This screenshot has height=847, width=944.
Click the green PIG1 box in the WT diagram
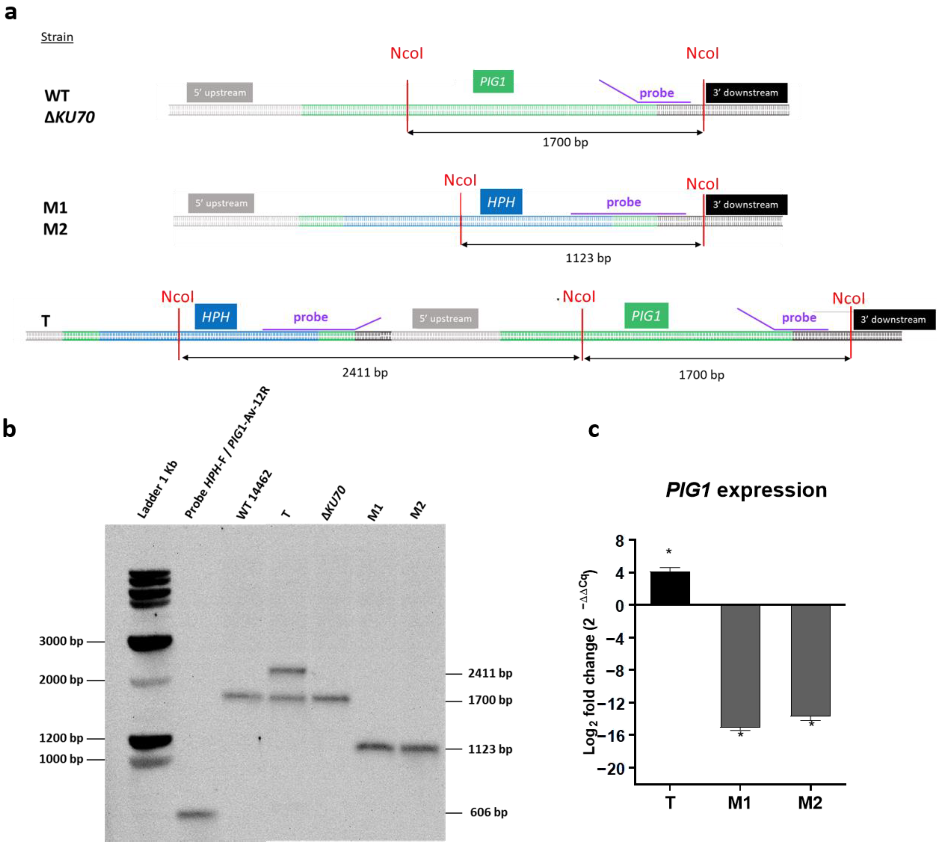[493, 82]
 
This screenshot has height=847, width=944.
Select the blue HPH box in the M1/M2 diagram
[501, 202]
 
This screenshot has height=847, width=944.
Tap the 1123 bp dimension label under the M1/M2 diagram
[588, 258]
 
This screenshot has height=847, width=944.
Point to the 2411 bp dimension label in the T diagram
[365, 373]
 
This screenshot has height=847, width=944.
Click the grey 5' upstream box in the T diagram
[445, 319]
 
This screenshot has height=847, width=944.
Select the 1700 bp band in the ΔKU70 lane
[330, 699]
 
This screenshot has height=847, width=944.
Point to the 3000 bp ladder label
[61, 641]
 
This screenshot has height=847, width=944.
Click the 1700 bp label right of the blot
[490, 700]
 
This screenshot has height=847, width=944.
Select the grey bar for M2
[810, 660]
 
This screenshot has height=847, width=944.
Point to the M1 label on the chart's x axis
[739, 803]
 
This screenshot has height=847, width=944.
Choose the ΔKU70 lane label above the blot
[333, 503]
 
